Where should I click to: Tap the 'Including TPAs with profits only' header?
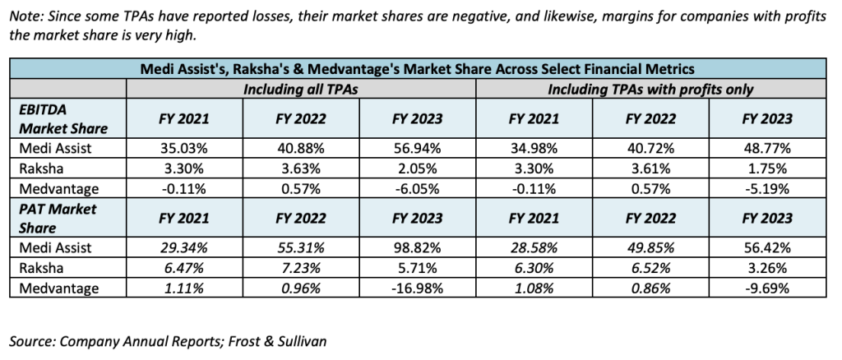(x=650, y=88)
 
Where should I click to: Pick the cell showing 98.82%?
(x=417, y=247)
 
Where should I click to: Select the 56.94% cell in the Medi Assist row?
(x=417, y=148)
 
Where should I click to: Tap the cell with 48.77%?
(x=766, y=148)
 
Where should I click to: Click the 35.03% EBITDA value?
(x=183, y=148)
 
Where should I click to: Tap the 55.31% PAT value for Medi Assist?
(x=300, y=247)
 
